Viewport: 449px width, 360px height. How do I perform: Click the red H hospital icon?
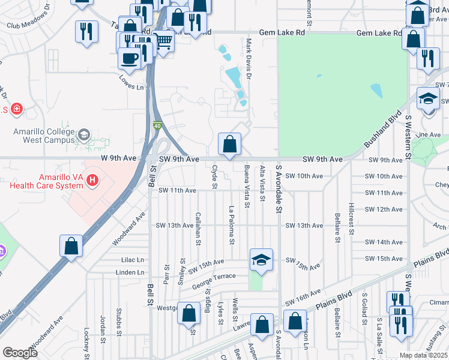[92, 179]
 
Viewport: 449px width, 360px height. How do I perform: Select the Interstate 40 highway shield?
[157, 125]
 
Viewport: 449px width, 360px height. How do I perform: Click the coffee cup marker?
[130, 58]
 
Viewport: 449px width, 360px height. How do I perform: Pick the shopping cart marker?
[163, 41]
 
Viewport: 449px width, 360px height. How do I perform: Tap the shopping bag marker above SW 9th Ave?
[229, 144]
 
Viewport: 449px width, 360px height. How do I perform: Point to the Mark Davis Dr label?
[249, 59]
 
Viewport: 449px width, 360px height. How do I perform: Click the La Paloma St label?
[232, 226]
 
